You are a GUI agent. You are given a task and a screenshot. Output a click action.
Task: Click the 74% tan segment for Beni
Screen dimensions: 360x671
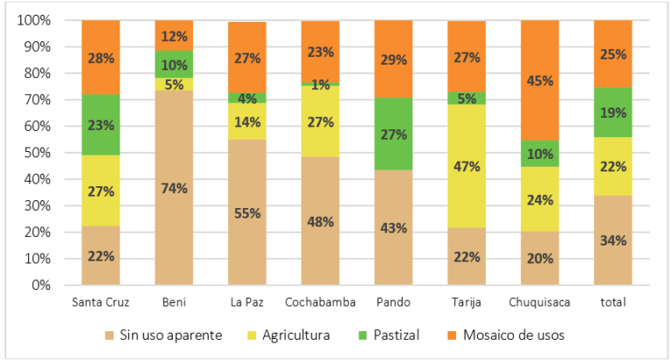(174, 187)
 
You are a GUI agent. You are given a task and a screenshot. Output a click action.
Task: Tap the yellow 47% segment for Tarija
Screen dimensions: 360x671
(467, 166)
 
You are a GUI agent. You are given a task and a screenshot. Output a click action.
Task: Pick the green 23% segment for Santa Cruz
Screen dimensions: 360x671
(100, 124)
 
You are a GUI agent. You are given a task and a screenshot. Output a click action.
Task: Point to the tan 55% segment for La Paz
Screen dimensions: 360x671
(247, 211)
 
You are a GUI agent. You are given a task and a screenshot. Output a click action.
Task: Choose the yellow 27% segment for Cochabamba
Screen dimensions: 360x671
(321, 121)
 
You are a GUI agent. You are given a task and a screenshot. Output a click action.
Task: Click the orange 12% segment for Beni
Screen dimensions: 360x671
(174, 36)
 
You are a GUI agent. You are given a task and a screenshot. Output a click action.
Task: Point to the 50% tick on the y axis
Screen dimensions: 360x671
(39, 153)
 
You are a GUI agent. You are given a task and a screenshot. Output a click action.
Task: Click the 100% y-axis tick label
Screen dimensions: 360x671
(36, 20)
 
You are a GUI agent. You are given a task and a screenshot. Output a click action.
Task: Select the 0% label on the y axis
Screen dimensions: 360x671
(42, 286)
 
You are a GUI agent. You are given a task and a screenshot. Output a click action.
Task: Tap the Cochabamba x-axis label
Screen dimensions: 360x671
(321, 301)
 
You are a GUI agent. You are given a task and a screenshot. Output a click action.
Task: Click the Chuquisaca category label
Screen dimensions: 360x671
(539, 301)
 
